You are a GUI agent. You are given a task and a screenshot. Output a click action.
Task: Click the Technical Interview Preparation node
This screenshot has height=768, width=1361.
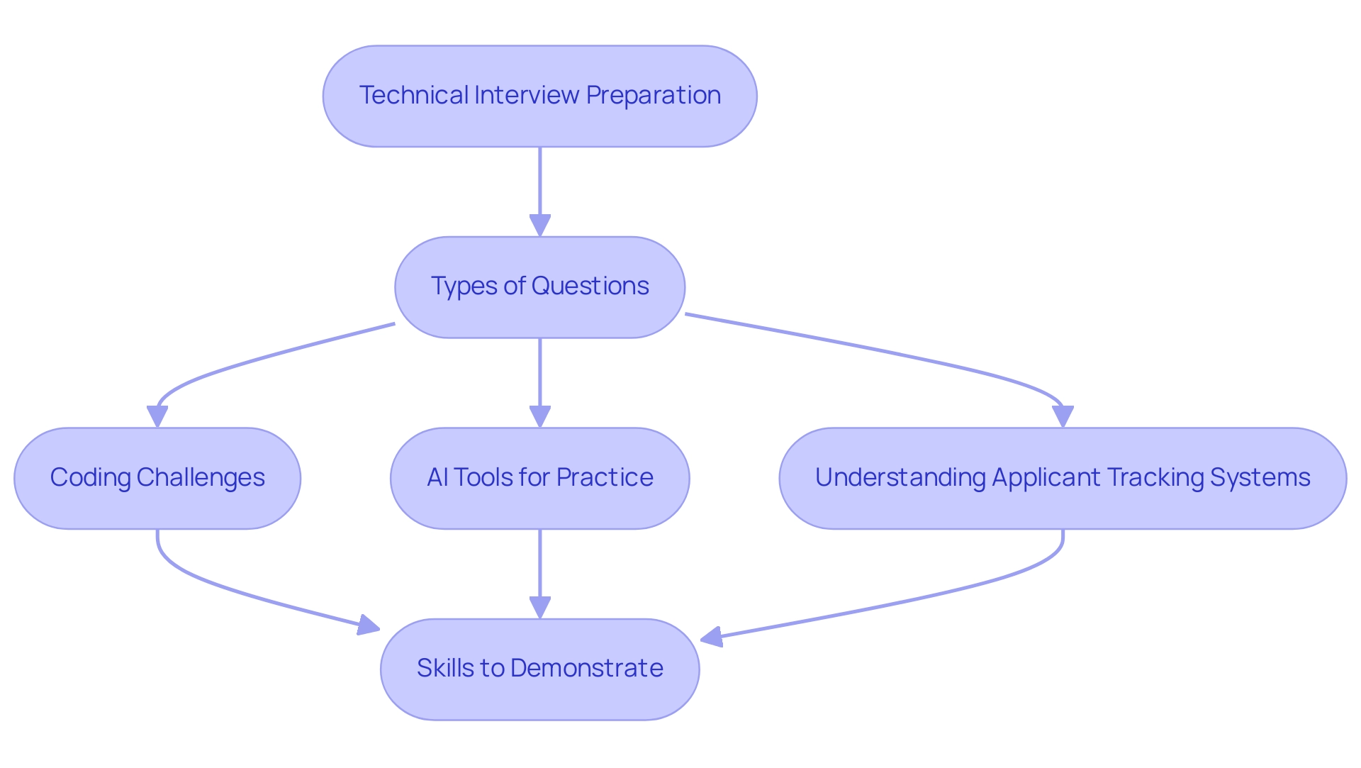(x=539, y=96)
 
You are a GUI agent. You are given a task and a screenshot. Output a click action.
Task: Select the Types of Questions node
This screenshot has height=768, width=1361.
(x=539, y=287)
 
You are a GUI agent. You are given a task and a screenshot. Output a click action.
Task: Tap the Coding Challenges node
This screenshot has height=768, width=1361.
(x=157, y=478)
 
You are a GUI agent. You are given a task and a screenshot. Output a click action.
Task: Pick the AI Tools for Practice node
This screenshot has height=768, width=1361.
(x=539, y=478)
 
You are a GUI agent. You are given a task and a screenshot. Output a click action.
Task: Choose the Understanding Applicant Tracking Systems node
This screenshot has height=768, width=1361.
(x=1063, y=478)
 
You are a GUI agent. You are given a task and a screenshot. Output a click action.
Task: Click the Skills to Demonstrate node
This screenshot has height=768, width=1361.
(x=539, y=669)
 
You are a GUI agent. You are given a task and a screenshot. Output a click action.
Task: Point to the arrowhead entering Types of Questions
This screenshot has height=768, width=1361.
(x=540, y=226)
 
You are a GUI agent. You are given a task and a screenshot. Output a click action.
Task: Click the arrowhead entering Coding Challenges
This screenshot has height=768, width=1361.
(x=157, y=416)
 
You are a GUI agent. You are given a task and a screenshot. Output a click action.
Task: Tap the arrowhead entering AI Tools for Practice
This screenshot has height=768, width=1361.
(x=540, y=416)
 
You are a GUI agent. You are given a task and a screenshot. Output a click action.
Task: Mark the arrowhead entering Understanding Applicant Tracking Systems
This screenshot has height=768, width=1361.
(x=1063, y=416)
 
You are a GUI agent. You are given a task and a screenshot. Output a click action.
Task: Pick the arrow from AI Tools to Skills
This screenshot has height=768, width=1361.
(x=540, y=567)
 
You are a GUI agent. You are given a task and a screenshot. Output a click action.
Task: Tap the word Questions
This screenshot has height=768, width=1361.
(x=590, y=286)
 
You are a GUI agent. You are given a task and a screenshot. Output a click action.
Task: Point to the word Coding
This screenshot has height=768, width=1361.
(x=90, y=477)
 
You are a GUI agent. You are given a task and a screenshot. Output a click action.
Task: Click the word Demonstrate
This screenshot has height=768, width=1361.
(x=586, y=668)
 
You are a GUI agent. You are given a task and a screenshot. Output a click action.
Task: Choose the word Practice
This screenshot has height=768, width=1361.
(x=605, y=477)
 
